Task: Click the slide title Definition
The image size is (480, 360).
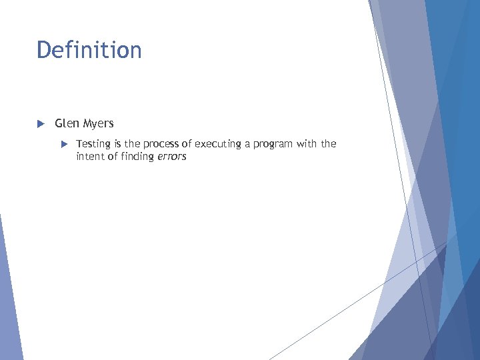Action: click(89, 50)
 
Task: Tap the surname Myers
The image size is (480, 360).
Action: click(99, 123)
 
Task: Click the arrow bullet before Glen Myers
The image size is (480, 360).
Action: click(40, 123)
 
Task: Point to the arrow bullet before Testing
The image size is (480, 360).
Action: click(65, 144)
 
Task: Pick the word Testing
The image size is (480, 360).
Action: click(93, 144)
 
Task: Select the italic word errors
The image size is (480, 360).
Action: click(173, 157)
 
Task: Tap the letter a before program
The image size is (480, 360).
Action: click(249, 144)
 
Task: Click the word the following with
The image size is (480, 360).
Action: click(329, 144)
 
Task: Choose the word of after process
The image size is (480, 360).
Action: click(186, 144)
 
